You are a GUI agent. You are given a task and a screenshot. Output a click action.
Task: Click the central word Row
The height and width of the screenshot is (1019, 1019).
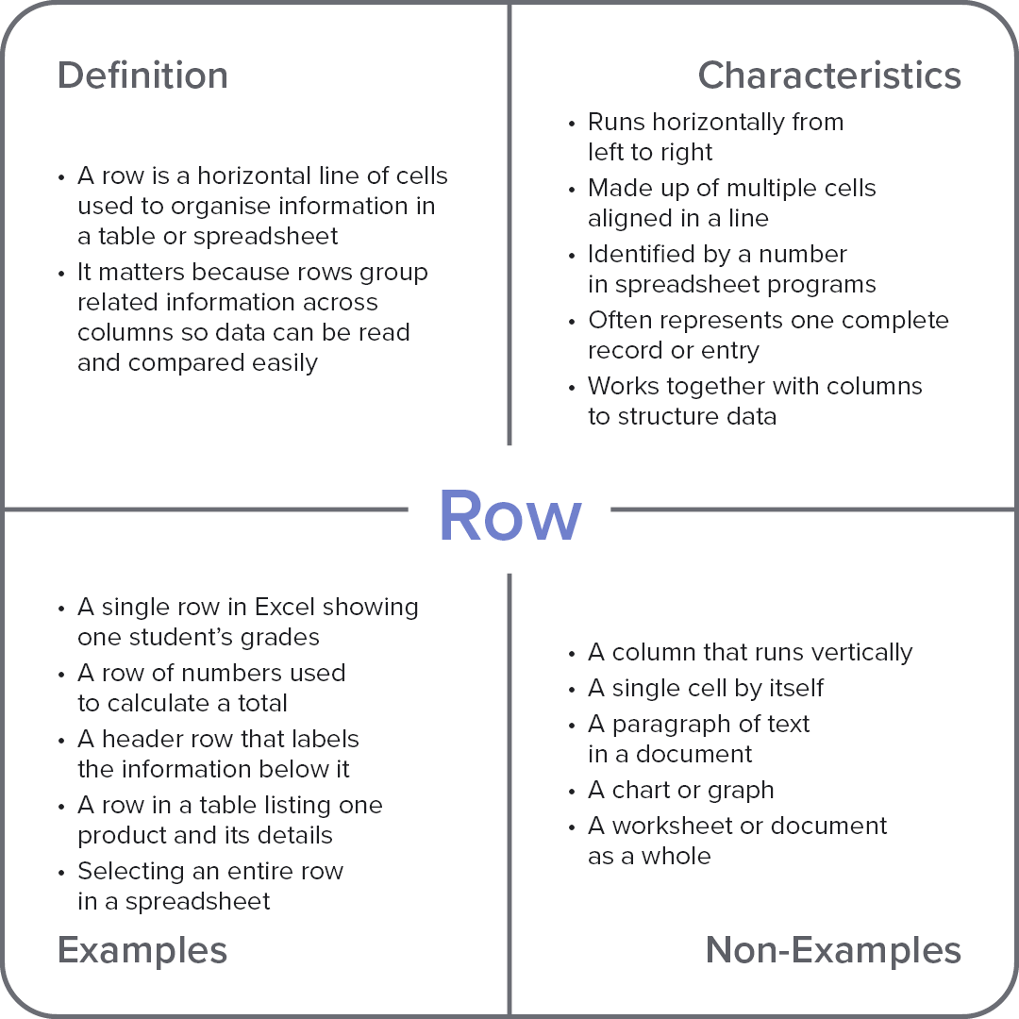coord(509,516)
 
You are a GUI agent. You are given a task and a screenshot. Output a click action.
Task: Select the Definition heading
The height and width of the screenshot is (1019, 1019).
coord(142,75)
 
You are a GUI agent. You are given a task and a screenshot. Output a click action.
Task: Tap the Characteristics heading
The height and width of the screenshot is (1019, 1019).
coord(829,75)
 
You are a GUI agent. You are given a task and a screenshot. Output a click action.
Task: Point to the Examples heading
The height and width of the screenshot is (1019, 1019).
coord(142,950)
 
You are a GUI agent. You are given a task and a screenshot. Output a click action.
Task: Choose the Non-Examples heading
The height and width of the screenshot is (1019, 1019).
coord(833,950)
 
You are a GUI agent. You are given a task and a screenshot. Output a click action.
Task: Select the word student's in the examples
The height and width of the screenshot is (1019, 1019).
coord(177,637)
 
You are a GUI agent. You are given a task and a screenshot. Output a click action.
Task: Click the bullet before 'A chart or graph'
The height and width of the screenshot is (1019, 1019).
coord(572,791)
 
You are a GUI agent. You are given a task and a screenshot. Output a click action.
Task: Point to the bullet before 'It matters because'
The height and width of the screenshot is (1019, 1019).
coord(61,273)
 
